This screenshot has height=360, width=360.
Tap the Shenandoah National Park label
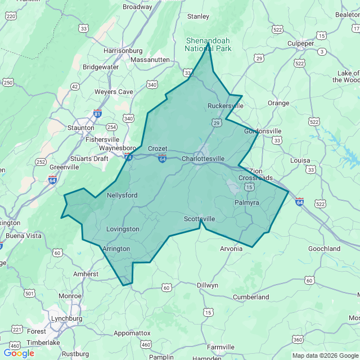[x=208, y=44]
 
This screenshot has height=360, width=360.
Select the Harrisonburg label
[x=123, y=51]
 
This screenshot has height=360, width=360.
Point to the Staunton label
[x=80, y=128]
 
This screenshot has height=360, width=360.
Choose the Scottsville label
[x=200, y=219]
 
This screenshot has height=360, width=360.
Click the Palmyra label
[x=246, y=202]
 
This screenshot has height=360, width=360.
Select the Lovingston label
[x=123, y=229]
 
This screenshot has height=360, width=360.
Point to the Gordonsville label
[x=263, y=131]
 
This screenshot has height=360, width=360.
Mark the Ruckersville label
[x=226, y=106]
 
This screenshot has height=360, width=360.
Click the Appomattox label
[x=132, y=333]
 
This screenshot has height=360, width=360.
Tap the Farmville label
[x=220, y=347]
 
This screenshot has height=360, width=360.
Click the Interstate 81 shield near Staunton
[x=98, y=113]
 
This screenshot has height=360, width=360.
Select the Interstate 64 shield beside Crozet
[x=162, y=160]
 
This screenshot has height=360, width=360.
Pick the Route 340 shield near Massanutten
[x=152, y=84]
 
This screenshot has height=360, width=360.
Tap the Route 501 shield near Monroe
[x=29, y=294]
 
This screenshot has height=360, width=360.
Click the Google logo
[x=19, y=353]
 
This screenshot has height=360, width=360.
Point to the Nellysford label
[x=122, y=195]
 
